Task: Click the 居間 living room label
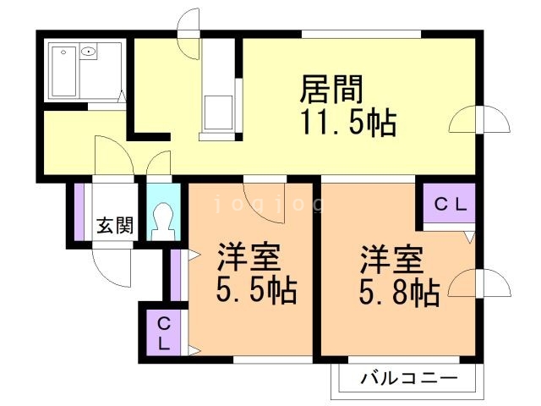tap(332, 89)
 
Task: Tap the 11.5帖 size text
tap(347, 123)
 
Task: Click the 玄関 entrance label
tap(113, 225)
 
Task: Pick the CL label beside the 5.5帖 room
tap(164, 334)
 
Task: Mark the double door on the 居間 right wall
tap(479, 121)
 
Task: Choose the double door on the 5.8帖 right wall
tap(479, 283)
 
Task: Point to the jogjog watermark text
tap(269, 204)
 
